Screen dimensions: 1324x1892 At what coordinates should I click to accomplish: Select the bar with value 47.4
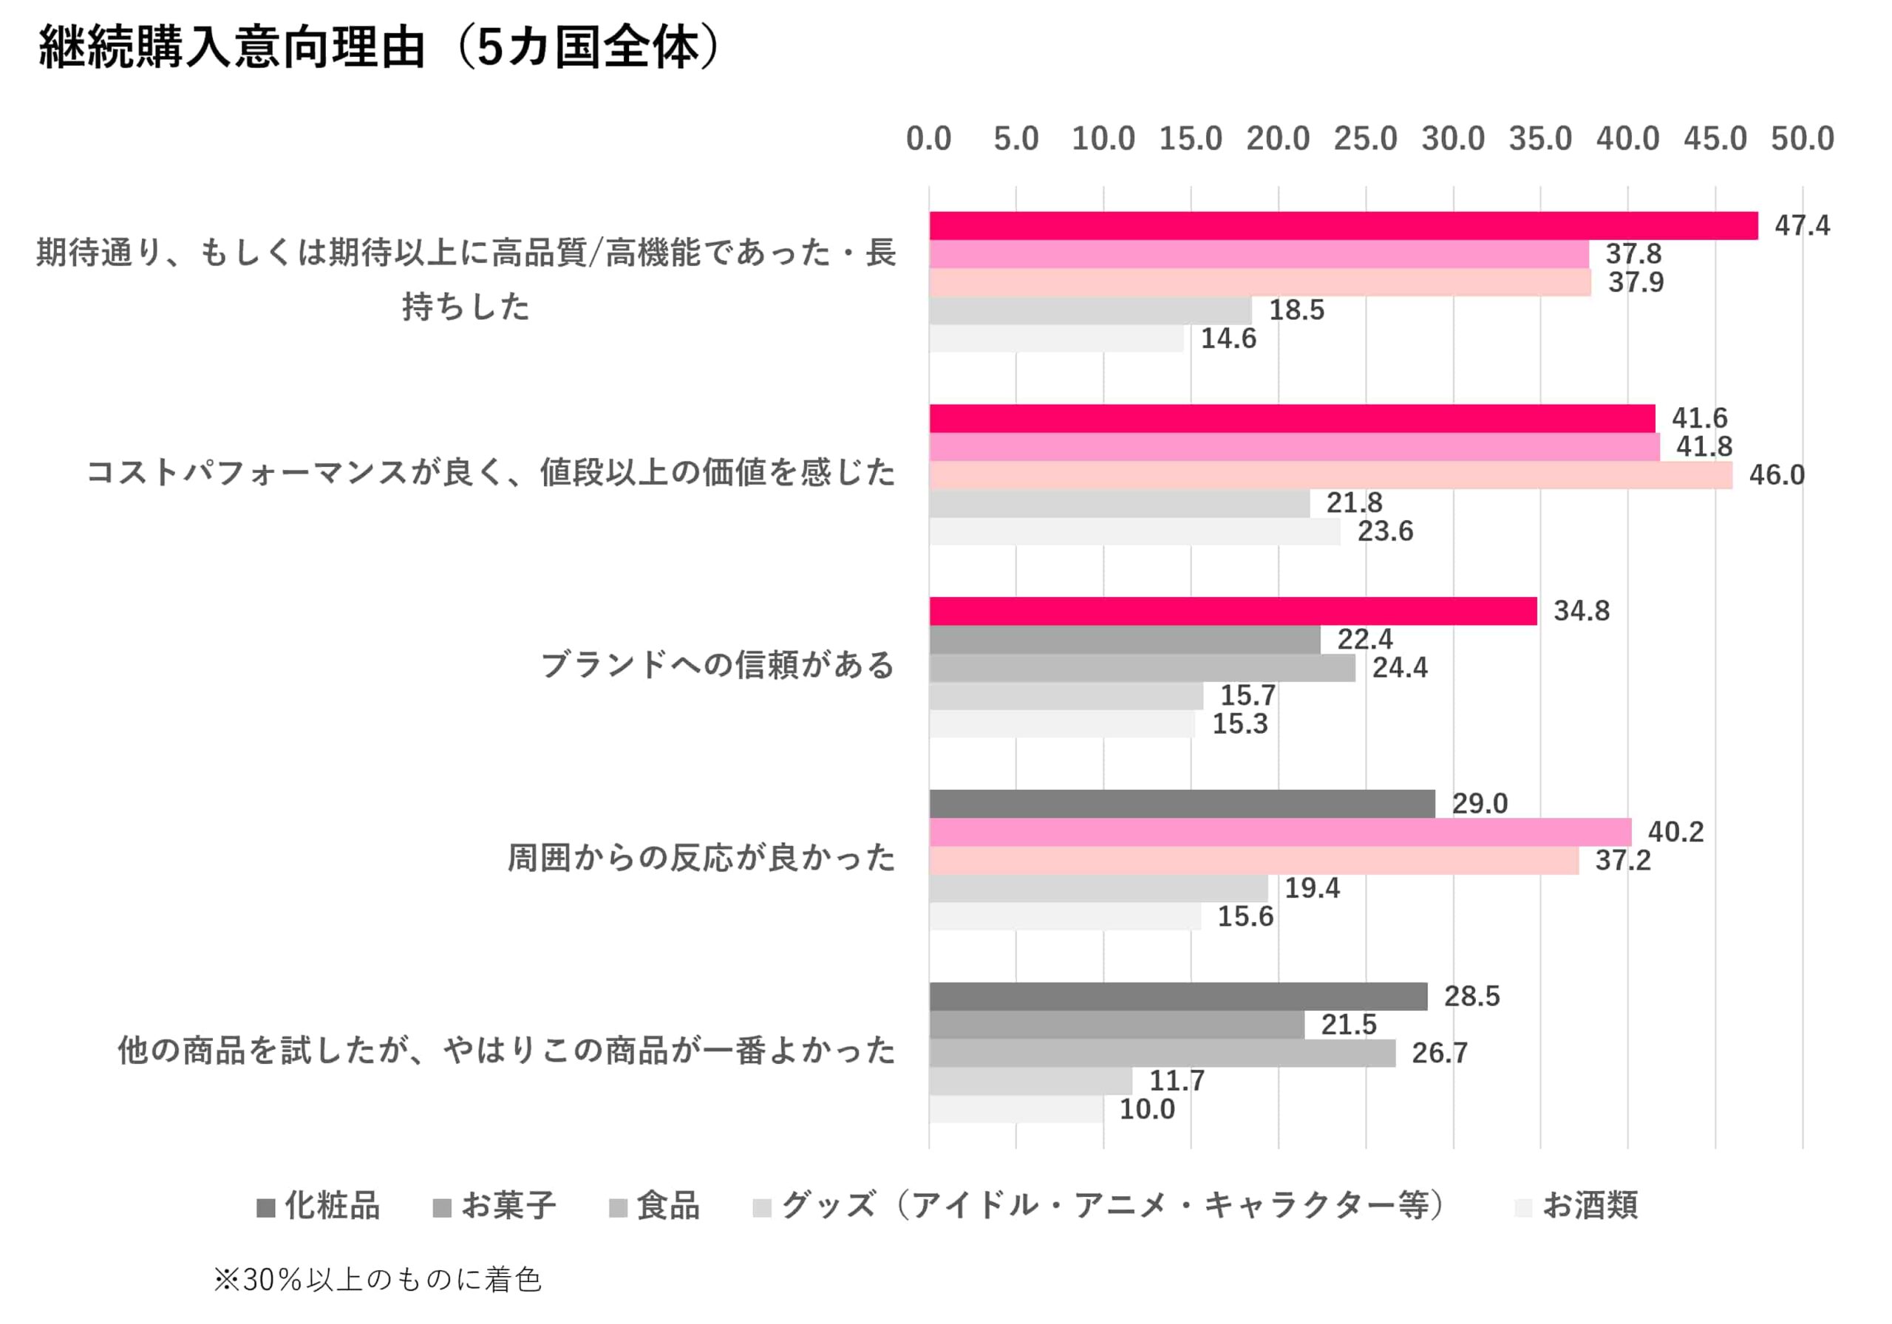tap(1343, 226)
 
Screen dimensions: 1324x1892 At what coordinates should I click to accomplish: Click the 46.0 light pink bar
tap(1330, 475)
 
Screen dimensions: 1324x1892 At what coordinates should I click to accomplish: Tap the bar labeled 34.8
tap(1233, 611)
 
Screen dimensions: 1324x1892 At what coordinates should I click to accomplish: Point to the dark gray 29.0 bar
tap(1182, 804)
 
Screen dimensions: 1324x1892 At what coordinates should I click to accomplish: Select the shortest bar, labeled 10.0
tap(1016, 1109)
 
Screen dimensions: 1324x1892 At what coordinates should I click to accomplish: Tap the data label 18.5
tap(1296, 310)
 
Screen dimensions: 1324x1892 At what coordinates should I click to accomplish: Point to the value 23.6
tap(1385, 531)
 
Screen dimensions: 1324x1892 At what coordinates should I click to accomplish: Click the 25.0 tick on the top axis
tap(1366, 138)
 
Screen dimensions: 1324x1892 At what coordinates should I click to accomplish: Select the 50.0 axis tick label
tap(1802, 138)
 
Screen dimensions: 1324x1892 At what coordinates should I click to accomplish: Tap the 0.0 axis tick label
tap(929, 138)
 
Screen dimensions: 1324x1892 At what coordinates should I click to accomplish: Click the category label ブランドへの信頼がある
tap(717, 665)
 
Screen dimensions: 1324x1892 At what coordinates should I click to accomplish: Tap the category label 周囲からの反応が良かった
tap(701, 858)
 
